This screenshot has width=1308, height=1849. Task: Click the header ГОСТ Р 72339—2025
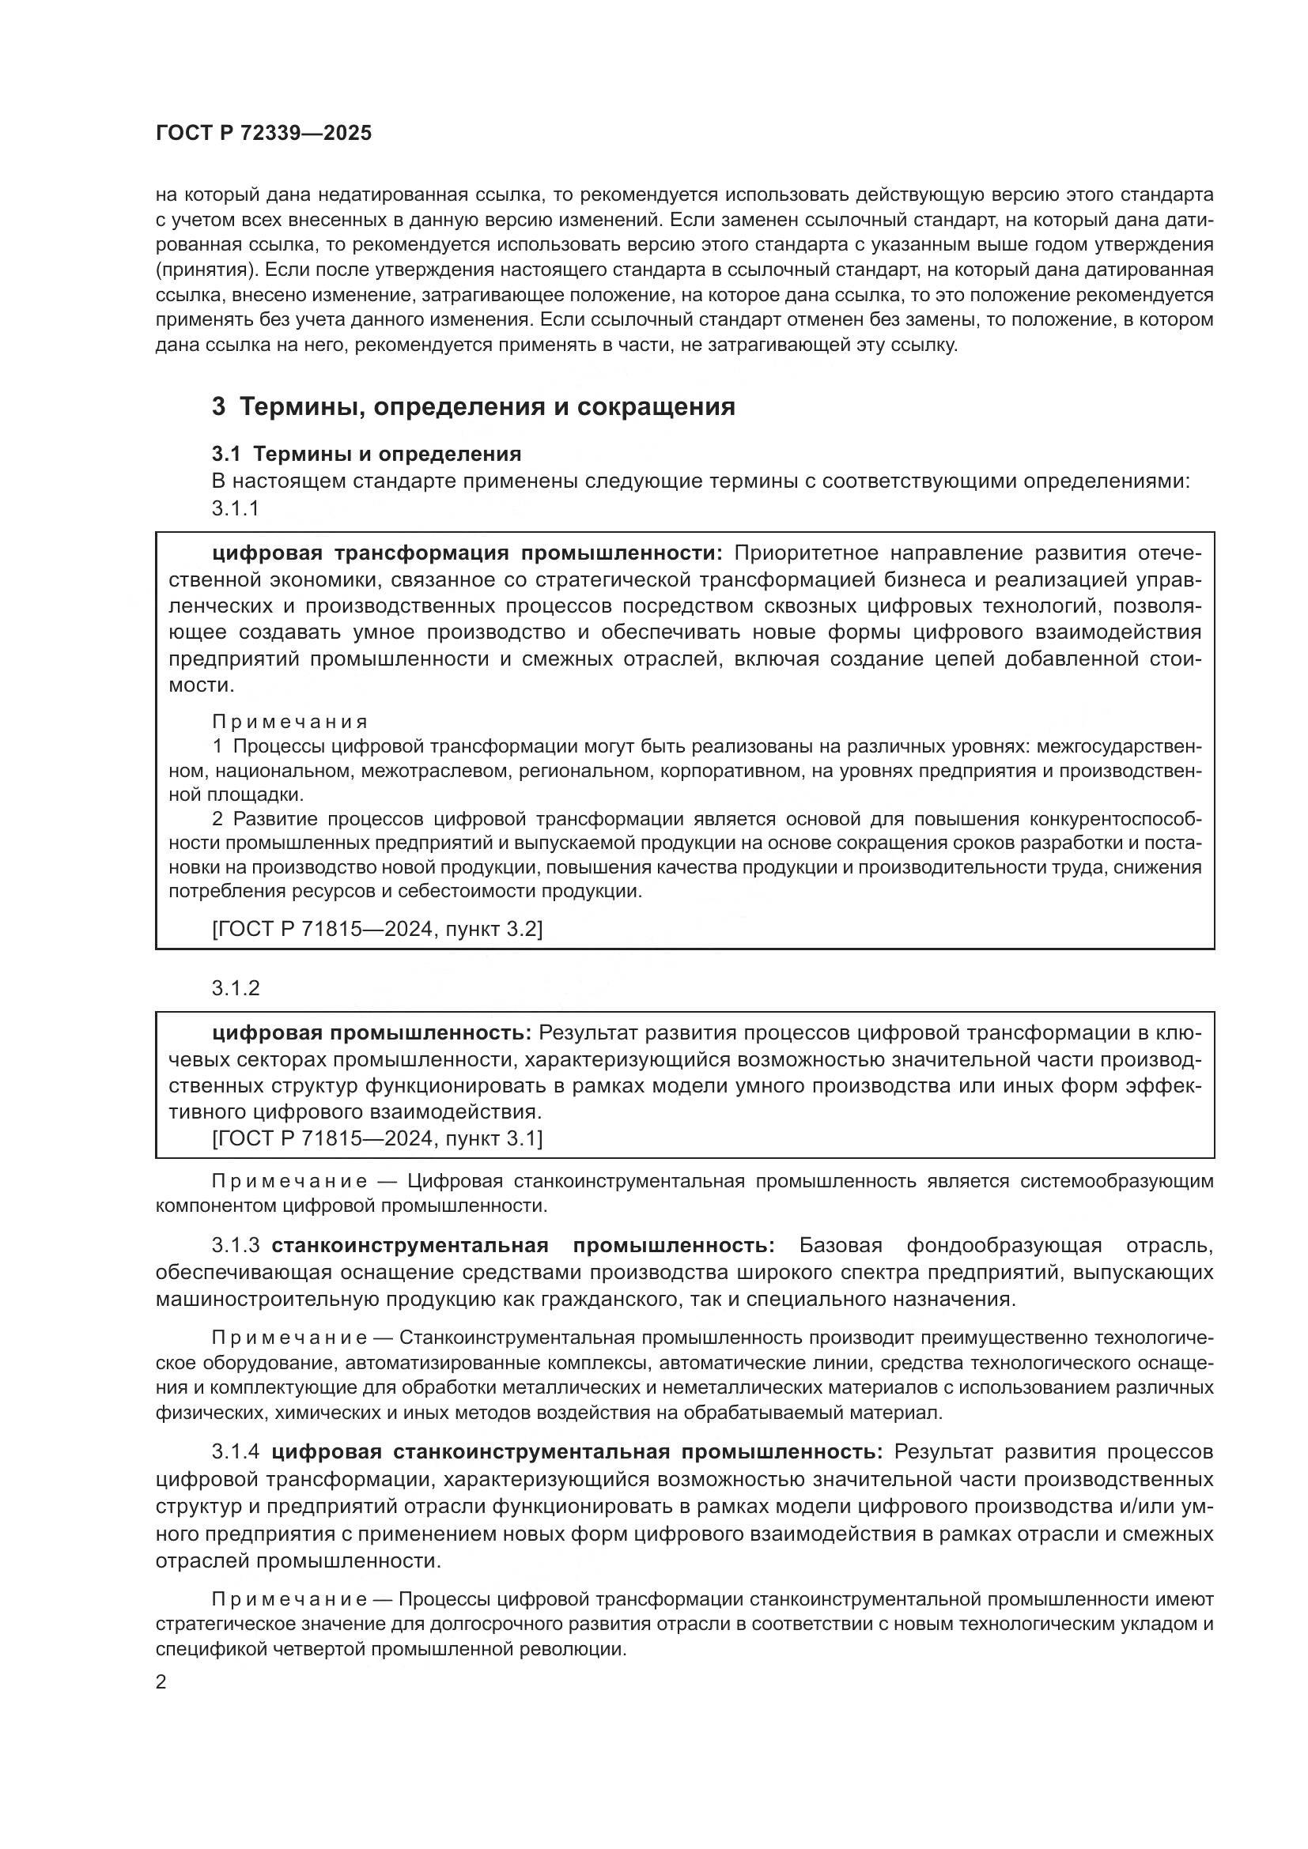pyautogui.click(x=263, y=134)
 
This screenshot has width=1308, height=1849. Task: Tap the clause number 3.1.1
pyautogui.click(x=235, y=508)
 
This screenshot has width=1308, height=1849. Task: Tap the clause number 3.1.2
pyautogui.click(x=235, y=988)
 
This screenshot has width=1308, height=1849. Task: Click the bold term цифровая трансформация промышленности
pyautogui.click(x=468, y=553)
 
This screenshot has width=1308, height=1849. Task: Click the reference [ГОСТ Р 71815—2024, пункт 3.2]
pyautogui.click(x=377, y=930)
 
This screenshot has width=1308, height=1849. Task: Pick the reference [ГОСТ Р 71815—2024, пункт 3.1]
pyautogui.click(x=377, y=1138)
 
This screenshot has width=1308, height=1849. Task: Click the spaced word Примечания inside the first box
pyautogui.click(x=290, y=722)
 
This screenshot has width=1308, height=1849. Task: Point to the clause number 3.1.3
pyautogui.click(x=235, y=1246)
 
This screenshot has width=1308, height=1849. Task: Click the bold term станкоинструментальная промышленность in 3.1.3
pyautogui.click(x=523, y=1246)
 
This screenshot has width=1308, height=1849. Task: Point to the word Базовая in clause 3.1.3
pyautogui.click(x=840, y=1246)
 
